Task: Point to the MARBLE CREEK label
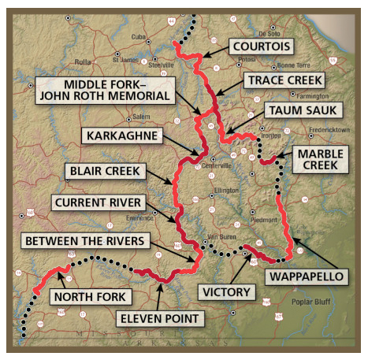click(318, 159)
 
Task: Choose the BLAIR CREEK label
click(105, 169)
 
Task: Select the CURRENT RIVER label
click(98, 202)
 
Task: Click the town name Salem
click(141, 117)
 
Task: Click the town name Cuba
click(139, 35)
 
